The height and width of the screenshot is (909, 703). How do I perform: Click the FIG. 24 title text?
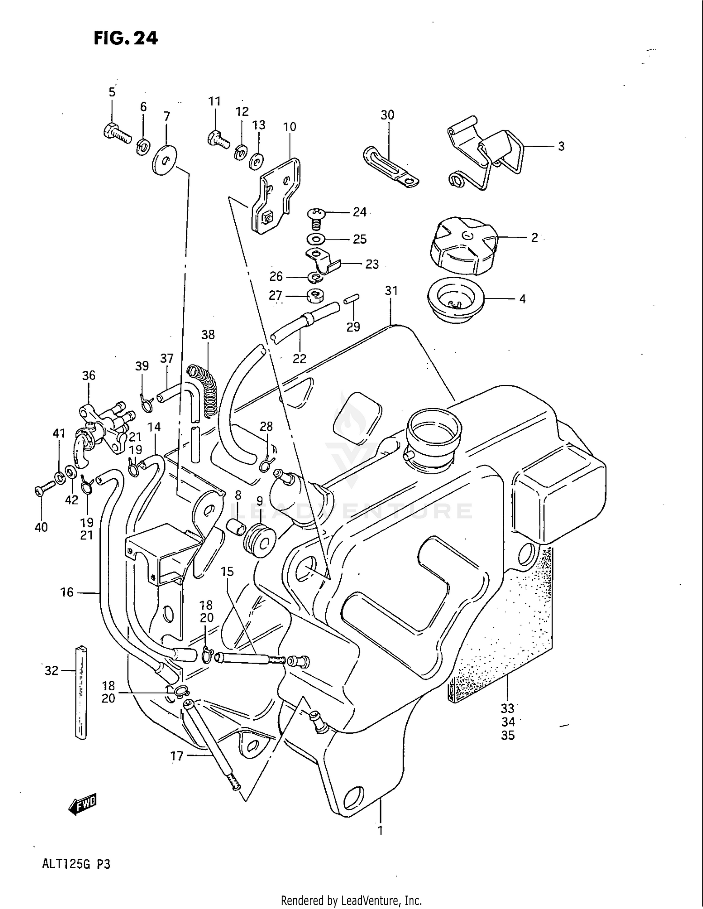pyautogui.click(x=126, y=38)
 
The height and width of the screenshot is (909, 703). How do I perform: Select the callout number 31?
pyautogui.click(x=391, y=291)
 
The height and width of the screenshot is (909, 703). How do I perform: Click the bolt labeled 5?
pyautogui.click(x=116, y=132)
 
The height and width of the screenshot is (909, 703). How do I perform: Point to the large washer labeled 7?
pyautogui.click(x=165, y=160)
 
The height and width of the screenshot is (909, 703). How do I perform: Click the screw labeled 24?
pyautogui.click(x=315, y=218)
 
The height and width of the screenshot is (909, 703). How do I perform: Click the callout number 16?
pyautogui.click(x=67, y=592)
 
